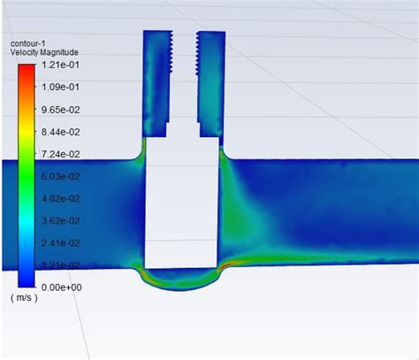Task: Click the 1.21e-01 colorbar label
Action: coord(61,65)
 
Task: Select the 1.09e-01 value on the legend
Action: coord(61,88)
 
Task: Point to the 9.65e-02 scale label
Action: coord(61,110)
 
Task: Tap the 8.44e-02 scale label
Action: coord(61,132)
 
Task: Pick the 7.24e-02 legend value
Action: coord(61,154)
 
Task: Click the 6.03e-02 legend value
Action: coord(61,177)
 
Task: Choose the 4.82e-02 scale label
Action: coord(61,199)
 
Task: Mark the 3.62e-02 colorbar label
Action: coord(61,221)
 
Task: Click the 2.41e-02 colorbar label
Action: coord(61,243)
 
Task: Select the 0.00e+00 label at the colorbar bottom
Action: coord(62,287)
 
